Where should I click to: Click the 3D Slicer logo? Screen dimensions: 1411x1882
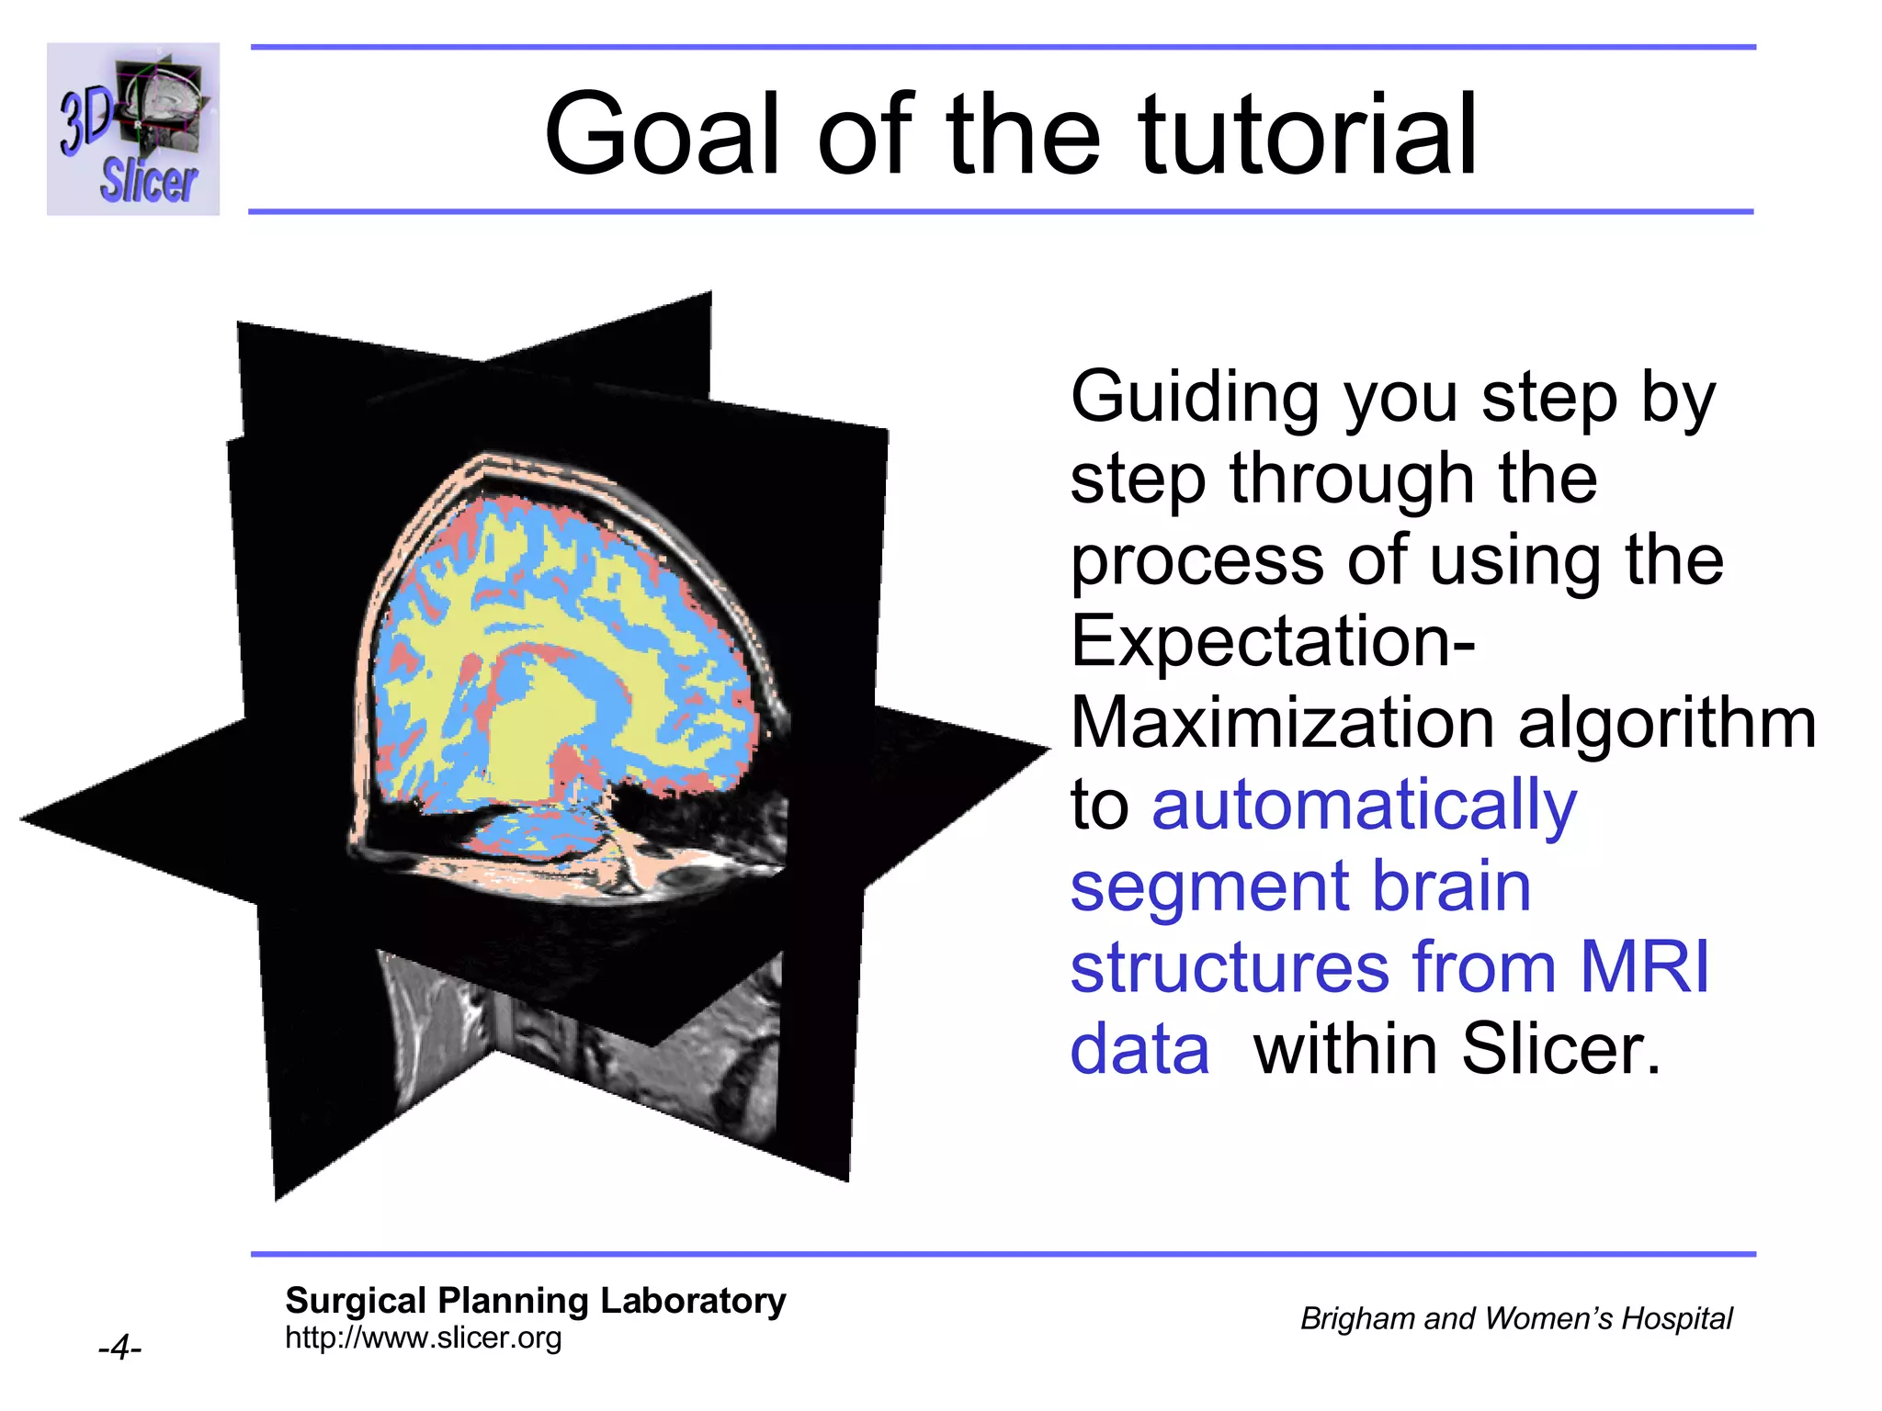(133, 130)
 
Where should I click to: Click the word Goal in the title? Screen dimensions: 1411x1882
(668, 134)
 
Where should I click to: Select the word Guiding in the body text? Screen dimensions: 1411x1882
(1196, 398)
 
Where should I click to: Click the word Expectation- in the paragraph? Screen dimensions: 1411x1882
(1273, 641)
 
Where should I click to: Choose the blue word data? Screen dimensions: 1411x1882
(1139, 1049)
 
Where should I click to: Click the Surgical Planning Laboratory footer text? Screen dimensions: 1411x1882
(535, 1301)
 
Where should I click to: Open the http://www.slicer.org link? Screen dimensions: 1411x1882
(423, 1338)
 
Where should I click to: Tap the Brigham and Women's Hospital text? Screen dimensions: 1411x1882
(1515, 1318)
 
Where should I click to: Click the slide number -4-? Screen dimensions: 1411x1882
(119, 1348)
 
